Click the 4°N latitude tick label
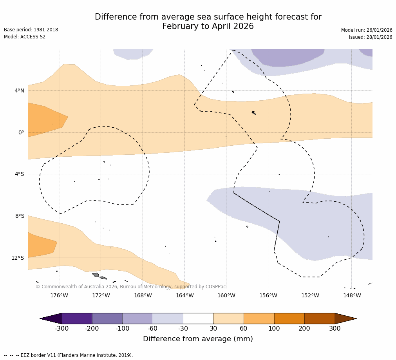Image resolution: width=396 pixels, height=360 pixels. point(19,91)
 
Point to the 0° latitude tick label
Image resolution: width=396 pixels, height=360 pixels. point(21,132)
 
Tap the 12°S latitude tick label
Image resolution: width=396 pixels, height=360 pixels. point(18,258)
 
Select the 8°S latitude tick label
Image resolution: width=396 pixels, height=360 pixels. point(19,216)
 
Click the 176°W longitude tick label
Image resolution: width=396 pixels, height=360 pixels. point(59,295)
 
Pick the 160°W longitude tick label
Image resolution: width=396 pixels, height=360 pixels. point(226,295)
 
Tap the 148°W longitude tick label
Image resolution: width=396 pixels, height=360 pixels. point(352,295)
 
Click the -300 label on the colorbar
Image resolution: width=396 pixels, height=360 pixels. point(61,329)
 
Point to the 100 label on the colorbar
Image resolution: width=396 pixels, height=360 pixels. point(274,329)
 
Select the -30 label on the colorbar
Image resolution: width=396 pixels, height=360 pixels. point(183,329)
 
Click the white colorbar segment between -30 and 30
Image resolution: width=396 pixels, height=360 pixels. point(198,318)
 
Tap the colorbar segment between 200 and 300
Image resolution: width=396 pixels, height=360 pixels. point(319,318)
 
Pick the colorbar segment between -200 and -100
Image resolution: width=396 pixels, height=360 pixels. point(107,318)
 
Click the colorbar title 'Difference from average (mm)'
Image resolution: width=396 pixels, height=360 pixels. point(198,339)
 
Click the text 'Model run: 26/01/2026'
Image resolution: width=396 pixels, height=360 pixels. point(366,30)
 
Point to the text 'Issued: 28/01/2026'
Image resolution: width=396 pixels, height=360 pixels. point(370,37)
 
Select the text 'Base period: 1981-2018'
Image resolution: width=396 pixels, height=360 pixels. point(31,30)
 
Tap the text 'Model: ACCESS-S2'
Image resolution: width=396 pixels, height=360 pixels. point(25,37)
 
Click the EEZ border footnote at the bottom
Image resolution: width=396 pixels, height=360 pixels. point(69,355)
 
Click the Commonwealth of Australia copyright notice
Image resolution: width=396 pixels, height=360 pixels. point(131,287)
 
